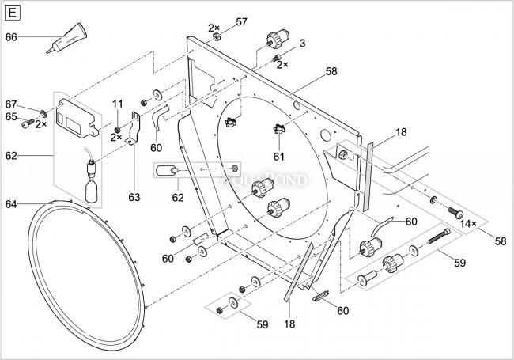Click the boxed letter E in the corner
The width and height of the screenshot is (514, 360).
coord(15,13)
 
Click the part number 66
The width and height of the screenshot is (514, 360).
coord(11,36)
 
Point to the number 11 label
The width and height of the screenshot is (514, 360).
coord(117,104)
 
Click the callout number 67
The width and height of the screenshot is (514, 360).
coord(11,104)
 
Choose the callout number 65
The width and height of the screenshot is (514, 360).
coord(11,116)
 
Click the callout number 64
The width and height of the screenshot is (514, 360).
coord(11,204)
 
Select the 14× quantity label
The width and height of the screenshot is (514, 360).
coord(469,224)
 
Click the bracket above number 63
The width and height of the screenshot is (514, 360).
coord(136,127)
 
